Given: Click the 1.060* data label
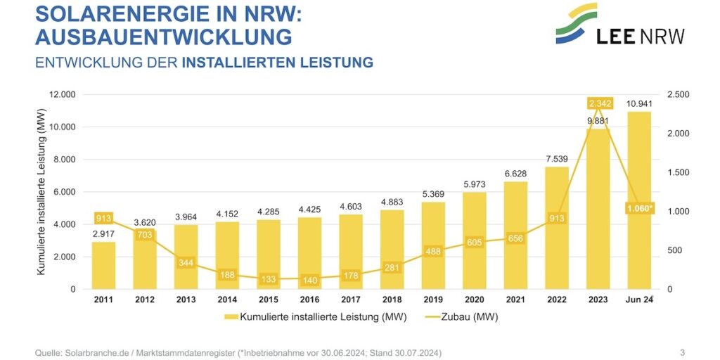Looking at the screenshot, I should (639, 208).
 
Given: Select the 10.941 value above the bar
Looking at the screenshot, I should (638, 104).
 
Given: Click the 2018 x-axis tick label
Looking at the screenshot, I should (392, 300).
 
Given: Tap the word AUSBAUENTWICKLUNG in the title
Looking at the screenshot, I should (163, 36).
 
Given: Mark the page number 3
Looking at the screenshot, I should (682, 352).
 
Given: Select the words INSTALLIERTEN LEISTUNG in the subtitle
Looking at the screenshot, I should (277, 63).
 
